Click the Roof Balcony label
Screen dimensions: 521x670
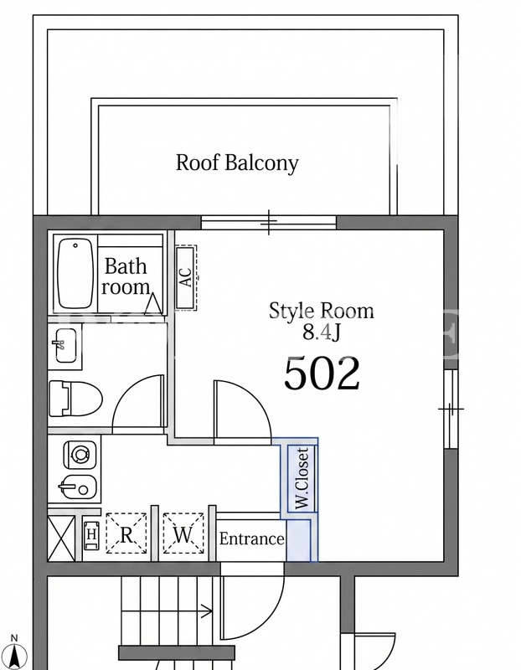coord(237,163)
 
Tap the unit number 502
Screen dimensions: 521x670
coord(322,374)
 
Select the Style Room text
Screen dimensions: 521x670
coord(322,311)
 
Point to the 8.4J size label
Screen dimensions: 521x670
coord(322,332)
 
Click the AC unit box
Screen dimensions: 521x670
coord(186,278)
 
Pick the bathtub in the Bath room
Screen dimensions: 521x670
coord(75,274)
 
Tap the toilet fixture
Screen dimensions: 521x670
coord(75,399)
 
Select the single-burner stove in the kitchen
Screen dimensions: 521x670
coord(80,454)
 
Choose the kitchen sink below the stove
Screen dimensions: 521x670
coord(77,487)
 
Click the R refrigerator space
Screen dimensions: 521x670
coord(126,533)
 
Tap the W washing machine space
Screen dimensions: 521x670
coord(183,533)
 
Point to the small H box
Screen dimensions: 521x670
coord(91,534)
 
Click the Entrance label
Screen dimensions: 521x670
coord(252,539)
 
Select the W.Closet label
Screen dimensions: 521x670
coord(302,477)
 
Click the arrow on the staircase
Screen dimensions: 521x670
coord(168,611)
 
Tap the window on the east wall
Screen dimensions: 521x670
coord(451,409)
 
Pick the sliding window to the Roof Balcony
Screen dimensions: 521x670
coord(268,222)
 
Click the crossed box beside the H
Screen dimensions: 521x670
coord(61,538)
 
